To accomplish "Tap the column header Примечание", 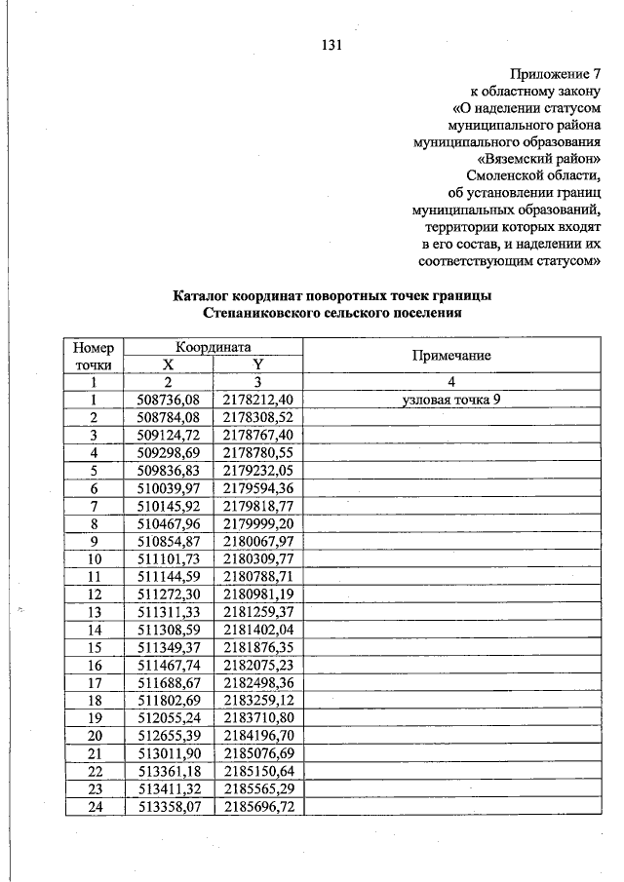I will click(450, 356).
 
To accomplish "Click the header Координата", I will click(214, 347).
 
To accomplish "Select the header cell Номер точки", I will click(94, 356).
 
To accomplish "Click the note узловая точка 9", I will click(450, 400).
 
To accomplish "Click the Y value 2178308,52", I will click(258, 417).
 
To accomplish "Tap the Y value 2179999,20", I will click(258, 523).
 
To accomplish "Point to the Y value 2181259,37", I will click(258, 612).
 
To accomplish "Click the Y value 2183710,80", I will click(258, 718).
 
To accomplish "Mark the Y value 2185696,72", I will click(258, 807).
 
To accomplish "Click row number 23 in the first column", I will click(94, 788).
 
